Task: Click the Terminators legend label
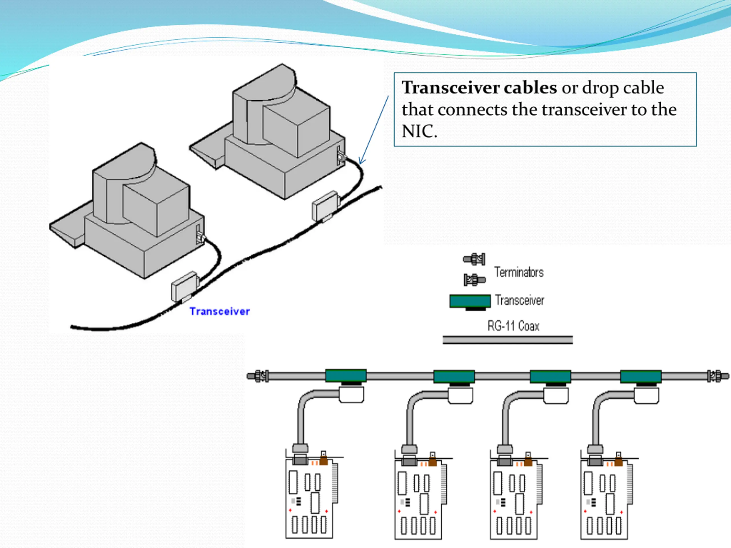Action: [x=519, y=272]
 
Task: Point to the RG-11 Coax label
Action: [x=513, y=326]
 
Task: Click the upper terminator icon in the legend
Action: [x=474, y=259]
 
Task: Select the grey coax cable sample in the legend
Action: [x=508, y=340]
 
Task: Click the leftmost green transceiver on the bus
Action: [x=346, y=376]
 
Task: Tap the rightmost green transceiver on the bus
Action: [x=641, y=377]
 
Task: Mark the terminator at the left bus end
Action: [x=258, y=376]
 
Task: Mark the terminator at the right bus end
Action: [x=718, y=376]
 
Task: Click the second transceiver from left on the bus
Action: [x=454, y=377]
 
